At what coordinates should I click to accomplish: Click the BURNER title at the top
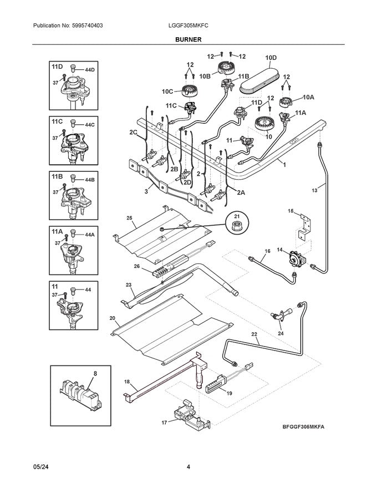pyautogui.click(x=188, y=39)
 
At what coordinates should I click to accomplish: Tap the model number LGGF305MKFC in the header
pyautogui.click(x=188, y=26)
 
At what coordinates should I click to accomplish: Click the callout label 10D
pyautogui.click(x=271, y=57)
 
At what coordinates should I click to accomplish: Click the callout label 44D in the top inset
pyautogui.click(x=90, y=70)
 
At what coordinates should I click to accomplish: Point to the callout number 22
pyautogui.click(x=254, y=334)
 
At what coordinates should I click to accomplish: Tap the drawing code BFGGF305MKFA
pyautogui.click(x=303, y=428)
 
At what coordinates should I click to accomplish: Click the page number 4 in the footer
pyautogui.click(x=188, y=466)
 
